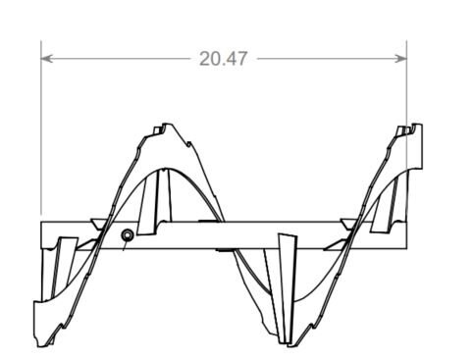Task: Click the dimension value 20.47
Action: [x=223, y=59]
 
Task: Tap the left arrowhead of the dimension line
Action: [x=46, y=59]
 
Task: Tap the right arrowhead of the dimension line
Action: [x=401, y=59]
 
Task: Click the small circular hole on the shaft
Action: [x=128, y=235]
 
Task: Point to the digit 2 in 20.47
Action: [x=205, y=59]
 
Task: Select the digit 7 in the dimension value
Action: [x=241, y=59]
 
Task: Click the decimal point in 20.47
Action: [x=224, y=65]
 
